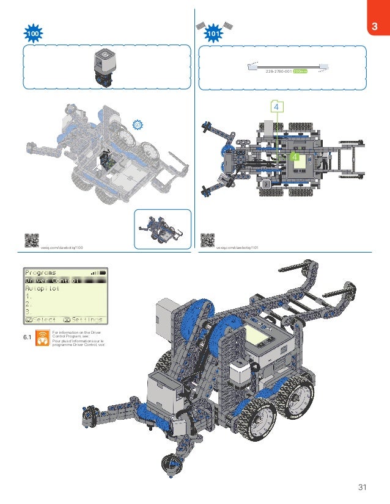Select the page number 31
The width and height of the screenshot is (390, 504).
362,486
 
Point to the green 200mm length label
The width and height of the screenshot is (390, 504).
300,71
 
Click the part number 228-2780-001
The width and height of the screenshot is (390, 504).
278,71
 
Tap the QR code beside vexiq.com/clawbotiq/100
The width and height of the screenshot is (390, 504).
31,240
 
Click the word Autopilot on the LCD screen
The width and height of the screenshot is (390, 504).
43,289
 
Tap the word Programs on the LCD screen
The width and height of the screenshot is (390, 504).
40,272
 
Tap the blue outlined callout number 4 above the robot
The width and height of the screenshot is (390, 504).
278,107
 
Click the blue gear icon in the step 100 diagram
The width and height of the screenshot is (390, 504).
138,124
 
